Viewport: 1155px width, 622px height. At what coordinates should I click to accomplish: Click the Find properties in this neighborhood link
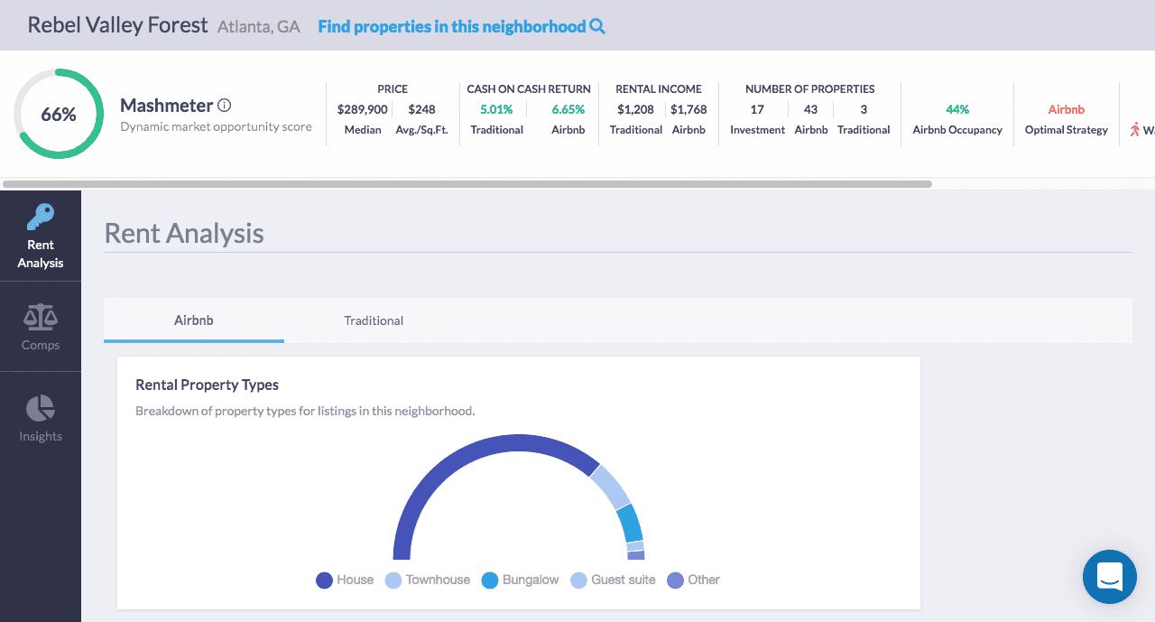pos(461,26)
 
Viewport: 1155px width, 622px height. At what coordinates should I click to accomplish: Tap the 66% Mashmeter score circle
pos(59,114)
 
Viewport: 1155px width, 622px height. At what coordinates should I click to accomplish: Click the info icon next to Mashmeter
pos(225,106)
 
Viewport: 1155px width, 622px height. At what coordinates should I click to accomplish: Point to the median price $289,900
pos(362,109)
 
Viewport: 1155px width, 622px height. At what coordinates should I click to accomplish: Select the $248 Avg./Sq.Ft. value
pos(421,109)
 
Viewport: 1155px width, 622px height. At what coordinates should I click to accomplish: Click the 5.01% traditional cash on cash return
pos(496,109)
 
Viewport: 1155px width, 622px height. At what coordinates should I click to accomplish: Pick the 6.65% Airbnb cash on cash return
pos(568,109)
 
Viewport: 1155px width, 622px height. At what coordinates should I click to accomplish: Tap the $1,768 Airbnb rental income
pos(688,109)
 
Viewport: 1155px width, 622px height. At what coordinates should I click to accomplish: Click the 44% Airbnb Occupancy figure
pos(957,109)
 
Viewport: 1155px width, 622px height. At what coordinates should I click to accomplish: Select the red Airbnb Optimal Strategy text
pos(1066,109)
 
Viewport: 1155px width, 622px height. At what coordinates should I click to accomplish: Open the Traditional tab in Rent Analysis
pos(374,320)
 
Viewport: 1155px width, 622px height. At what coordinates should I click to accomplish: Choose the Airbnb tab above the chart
pos(194,320)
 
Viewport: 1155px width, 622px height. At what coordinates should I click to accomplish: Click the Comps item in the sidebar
pos(41,327)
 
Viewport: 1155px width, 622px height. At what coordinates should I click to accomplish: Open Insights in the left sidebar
pos(41,418)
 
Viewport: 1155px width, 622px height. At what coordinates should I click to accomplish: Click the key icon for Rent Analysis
pos(41,218)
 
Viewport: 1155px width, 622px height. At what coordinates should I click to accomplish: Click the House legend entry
pos(345,580)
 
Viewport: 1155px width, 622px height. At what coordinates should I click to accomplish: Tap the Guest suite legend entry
pos(613,580)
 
